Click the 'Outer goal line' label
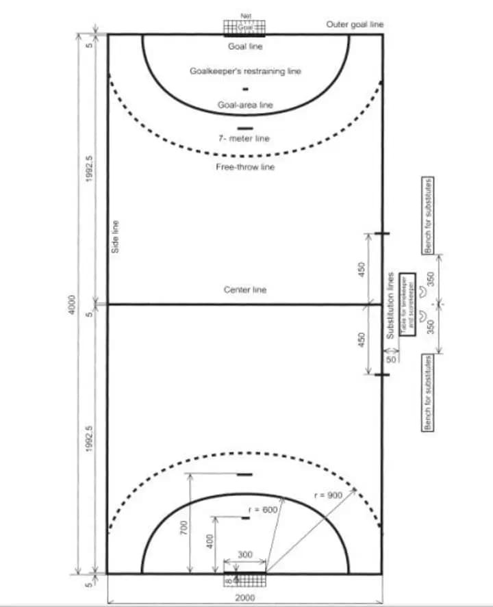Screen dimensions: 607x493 tap(355, 25)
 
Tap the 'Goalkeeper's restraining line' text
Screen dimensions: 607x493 tap(245, 70)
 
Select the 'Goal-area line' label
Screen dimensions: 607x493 tap(245, 105)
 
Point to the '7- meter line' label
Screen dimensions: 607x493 tap(244, 138)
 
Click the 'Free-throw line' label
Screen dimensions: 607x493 tap(245, 167)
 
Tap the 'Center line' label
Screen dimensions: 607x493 tap(245, 290)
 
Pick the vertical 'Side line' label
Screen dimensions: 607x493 tap(116, 237)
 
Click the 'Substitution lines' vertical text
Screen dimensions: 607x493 tap(390, 305)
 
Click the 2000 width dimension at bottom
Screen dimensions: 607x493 tap(244, 597)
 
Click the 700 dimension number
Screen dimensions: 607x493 tap(184, 528)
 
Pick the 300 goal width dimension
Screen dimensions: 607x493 tap(244, 554)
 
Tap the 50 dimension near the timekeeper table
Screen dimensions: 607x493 tap(391, 359)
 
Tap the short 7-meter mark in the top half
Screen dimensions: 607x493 tap(244, 128)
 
